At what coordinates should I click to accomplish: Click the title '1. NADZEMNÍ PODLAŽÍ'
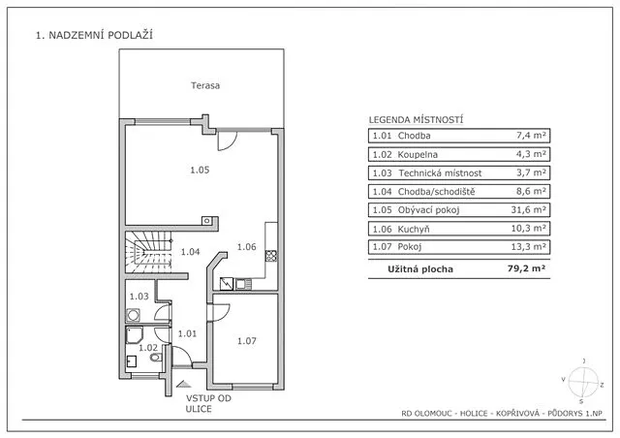pyautogui.click(x=94, y=36)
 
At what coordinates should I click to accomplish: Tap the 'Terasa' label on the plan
pyautogui.click(x=205, y=85)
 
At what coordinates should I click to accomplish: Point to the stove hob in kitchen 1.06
pyautogui.click(x=272, y=257)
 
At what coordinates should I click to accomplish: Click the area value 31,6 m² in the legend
pyautogui.click(x=531, y=209)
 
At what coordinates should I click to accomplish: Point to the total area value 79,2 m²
pyautogui.click(x=527, y=269)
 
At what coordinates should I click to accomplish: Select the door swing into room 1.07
pyautogui.click(x=221, y=312)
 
